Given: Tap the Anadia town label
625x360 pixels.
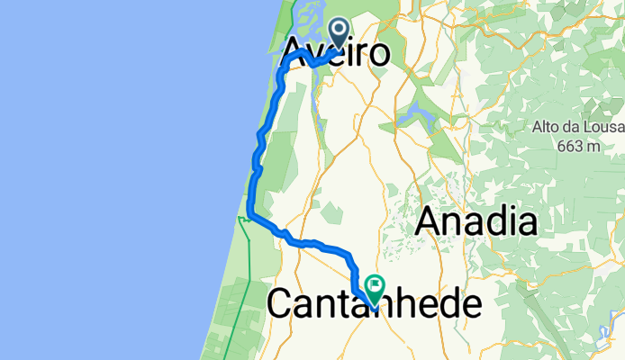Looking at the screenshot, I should [476, 221].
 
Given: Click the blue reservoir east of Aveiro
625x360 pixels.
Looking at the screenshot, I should [410, 114].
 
